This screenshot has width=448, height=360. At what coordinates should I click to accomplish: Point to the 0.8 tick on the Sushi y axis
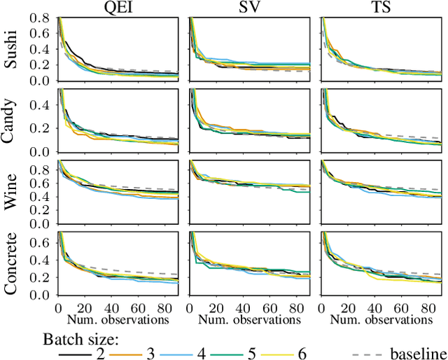[43, 18]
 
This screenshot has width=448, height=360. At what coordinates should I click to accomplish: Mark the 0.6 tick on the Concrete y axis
[43, 242]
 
